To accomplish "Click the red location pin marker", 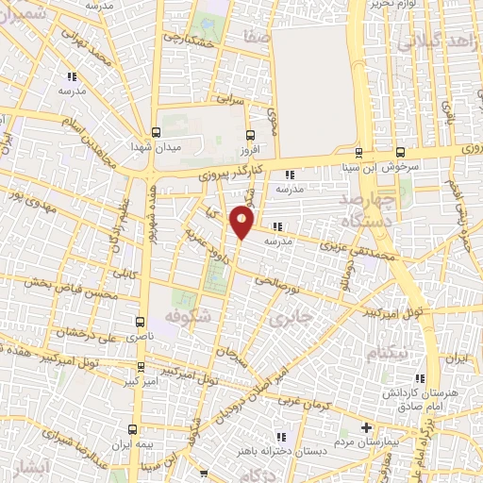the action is (x=242, y=224).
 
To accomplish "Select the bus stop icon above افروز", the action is (x=248, y=134).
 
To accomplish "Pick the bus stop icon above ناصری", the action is (x=141, y=321).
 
